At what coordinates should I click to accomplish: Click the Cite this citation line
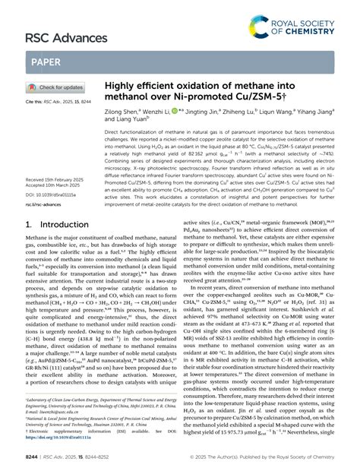(x=58, y=101)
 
